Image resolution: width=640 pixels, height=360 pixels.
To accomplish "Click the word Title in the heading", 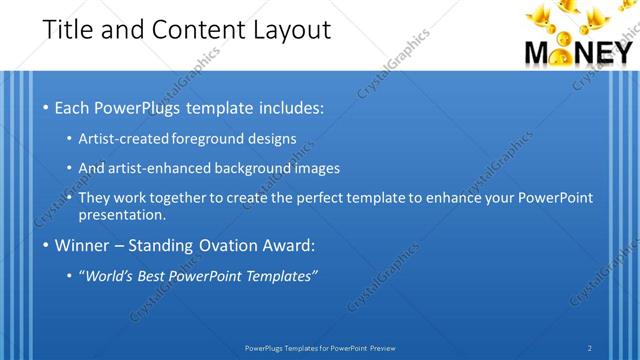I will (69, 29).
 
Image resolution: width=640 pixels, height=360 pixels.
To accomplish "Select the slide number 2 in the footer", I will (590, 347).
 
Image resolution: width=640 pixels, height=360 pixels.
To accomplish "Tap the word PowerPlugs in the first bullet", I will (144, 106).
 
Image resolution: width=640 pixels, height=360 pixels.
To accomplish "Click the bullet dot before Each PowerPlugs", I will (46, 107).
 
